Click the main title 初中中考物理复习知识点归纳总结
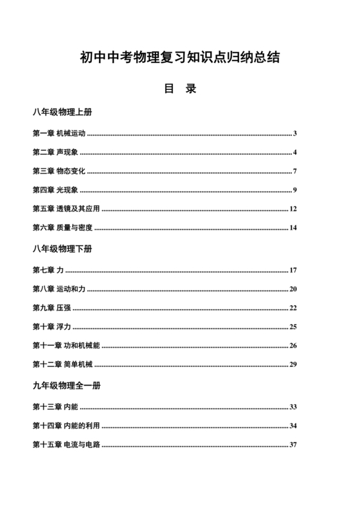pyautogui.click(x=179, y=58)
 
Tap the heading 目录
pyautogui.click(x=179, y=89)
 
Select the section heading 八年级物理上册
pyautogui.click(x=62, y=112)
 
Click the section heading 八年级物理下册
pyautogui.click(x=62, y=247)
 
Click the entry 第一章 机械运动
pyautogui.click(x=59, y=134)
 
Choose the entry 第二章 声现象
pyautogui.click(x=55, y=152)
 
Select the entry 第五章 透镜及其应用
pyautogui.click(x=66, y=208)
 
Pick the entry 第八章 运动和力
pyautogui.click(x=59, y=289)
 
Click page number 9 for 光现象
pyautogui.click(x=294, y=190)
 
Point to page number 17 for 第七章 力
pyautogui.click(x=292, y=271)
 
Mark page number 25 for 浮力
pyautogui.click(x=292, y=326)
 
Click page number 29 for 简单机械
pyautogui.click(x=292, y=364)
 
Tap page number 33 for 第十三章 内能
pyautogui.click(x=292, y=407)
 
